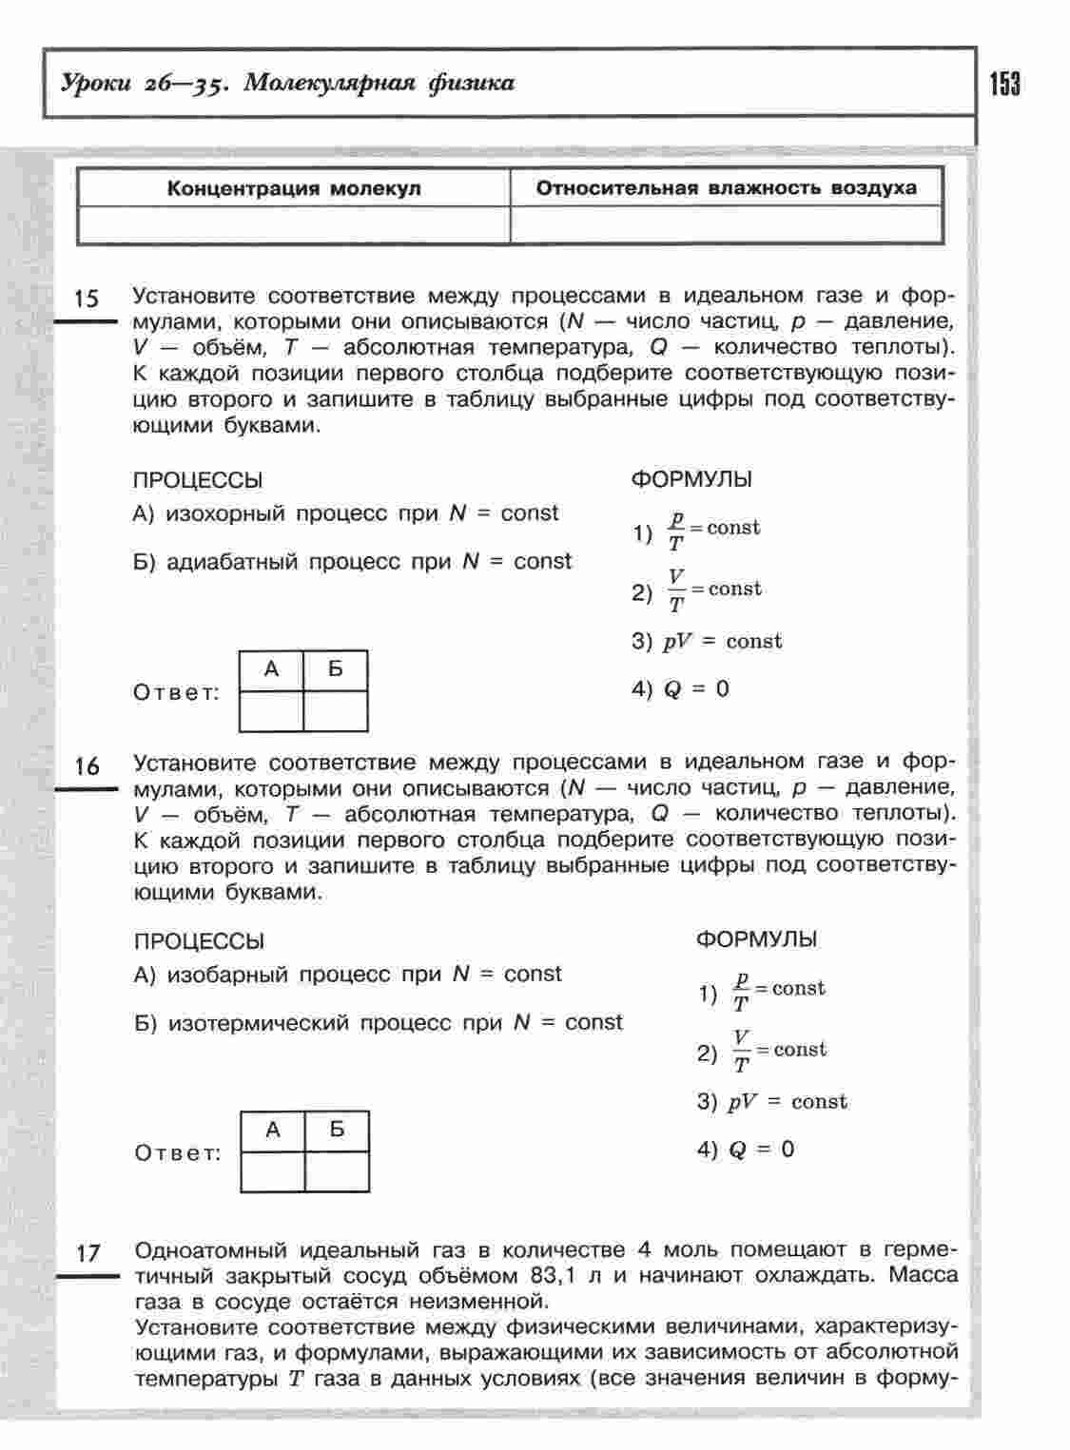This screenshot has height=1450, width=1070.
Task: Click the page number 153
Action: point(1004,85)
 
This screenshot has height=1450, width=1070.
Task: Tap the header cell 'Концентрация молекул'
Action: point(294,188)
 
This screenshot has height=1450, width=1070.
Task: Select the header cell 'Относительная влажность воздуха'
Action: point(727,187)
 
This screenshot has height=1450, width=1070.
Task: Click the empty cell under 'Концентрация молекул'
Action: point(294,224)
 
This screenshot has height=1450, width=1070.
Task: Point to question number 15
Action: point(86,300)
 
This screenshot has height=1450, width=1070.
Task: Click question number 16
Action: point(87,766)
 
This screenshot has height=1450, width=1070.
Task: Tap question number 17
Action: point(88,1253)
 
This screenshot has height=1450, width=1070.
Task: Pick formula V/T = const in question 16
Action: point(779,1051)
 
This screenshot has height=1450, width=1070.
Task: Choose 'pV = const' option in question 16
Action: point(788,1102)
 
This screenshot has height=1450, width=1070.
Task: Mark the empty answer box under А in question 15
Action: point(271,711)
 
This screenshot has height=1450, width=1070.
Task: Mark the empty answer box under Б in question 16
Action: point(337,1171)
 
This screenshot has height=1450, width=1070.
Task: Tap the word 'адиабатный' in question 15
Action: point(236,562)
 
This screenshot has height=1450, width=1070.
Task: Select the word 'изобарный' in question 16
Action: point(227,975)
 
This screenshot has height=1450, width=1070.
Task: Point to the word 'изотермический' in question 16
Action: point(262,1023)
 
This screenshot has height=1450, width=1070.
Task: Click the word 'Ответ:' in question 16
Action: point(178,1153)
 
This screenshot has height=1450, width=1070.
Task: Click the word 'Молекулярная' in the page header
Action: point(328,84)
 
